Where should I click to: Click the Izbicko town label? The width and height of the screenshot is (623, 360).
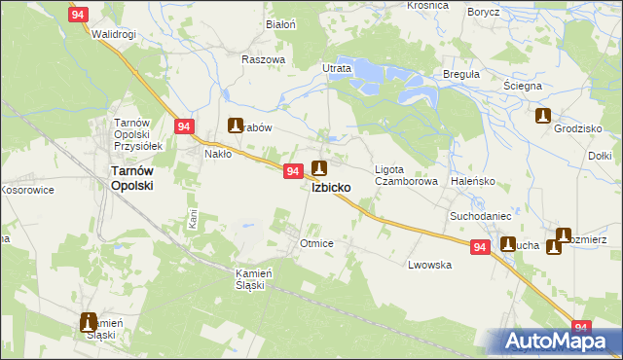[x=332, y=188]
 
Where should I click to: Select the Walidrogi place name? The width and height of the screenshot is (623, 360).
[x=113, y=34]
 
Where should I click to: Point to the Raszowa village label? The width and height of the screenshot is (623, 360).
[x=263, y=58]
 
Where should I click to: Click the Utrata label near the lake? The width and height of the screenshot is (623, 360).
[x=337, y=69]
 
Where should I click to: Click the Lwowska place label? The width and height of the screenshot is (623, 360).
[x=429, y=265]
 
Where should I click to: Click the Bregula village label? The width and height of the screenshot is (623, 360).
[x=461, y=74]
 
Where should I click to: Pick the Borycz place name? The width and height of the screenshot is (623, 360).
[x=483, y=12]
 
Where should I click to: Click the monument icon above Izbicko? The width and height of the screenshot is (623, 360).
[x=318, y=168]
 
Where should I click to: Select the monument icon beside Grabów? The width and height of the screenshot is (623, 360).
[x=236, y=125]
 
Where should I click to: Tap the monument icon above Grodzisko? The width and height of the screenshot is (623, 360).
[x=543, y=117]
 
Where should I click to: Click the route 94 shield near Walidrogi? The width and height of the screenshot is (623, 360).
[x=80, y=14]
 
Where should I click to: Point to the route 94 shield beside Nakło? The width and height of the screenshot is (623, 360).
[x=185, y=126]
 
